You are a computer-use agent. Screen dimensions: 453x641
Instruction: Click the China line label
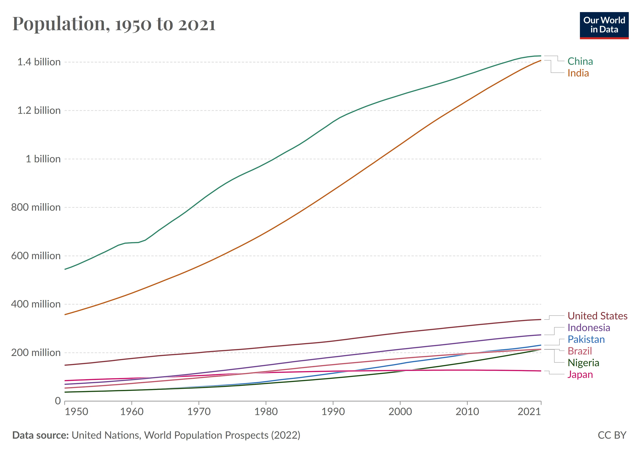[580, 61]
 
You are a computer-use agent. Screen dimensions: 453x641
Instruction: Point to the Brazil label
[580, 351]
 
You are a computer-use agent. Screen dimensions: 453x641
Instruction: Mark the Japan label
[580, 374]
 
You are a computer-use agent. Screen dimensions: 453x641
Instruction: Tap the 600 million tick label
[36, 256]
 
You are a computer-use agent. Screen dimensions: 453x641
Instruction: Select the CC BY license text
[612, 435]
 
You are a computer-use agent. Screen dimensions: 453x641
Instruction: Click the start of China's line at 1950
[65, 269]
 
